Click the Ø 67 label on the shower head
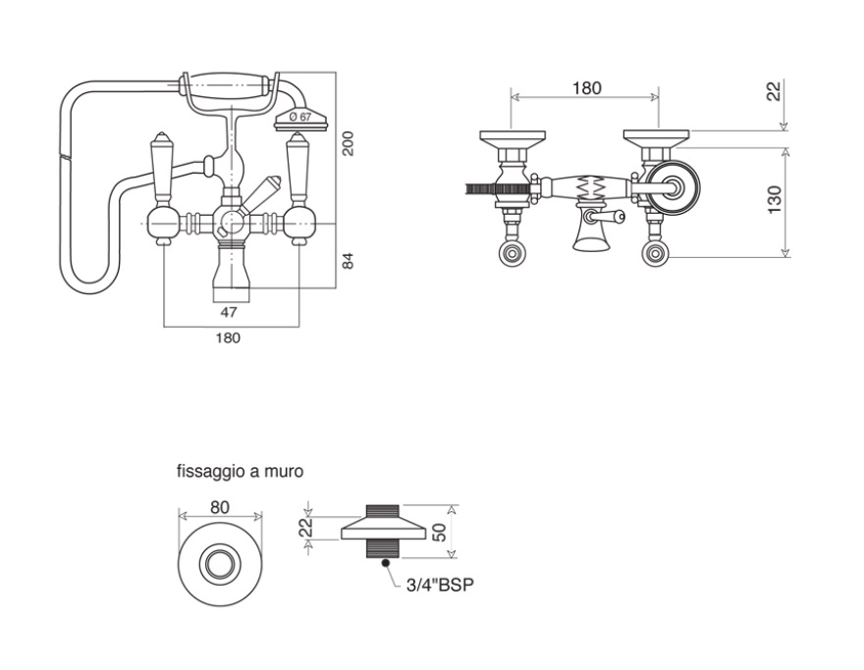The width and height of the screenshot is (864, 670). coord(300,117)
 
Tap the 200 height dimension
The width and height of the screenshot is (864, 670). coord(348,143)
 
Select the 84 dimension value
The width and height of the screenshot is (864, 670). coord(348,261)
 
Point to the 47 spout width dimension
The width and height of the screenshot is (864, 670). coord(229,312)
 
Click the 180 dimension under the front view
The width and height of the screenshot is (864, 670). coord(228,337)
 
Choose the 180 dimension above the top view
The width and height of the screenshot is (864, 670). coord(586,88)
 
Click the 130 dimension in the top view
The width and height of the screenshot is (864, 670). coord(775,200)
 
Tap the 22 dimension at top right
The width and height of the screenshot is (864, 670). coord(775,91)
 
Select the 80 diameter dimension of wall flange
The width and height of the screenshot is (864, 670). coord(220,507)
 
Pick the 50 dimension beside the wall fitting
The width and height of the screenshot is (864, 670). coord(440,533)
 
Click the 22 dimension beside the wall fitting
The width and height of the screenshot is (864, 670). coord(306,527)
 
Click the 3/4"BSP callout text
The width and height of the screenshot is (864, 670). coord(440,585)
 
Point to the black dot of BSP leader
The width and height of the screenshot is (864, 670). coord(385,563)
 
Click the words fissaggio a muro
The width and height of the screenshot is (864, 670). coord(240,472)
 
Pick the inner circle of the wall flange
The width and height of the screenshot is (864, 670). coord(220,564)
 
